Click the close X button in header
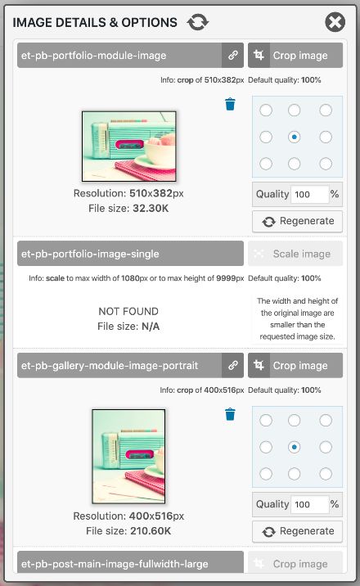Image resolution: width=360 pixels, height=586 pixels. tap(335, 22)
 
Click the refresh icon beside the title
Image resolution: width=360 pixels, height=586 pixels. tap(198, 22)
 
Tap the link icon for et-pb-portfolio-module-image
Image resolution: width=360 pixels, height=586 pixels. tap(232, 56)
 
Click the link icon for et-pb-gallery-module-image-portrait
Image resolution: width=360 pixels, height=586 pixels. tap(232, 365)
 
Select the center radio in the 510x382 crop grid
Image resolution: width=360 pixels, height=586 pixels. tap(295, 137)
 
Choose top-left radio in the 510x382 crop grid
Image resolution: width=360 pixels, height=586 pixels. tap(266, 110)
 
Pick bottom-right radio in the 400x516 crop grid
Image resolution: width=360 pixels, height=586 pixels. tap(326, 474)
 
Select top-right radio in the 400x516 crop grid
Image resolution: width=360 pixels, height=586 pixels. tap(326, 421)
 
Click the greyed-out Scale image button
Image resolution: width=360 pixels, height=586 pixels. tap(295, 254)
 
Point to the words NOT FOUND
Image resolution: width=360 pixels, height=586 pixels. tap(128, 311)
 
